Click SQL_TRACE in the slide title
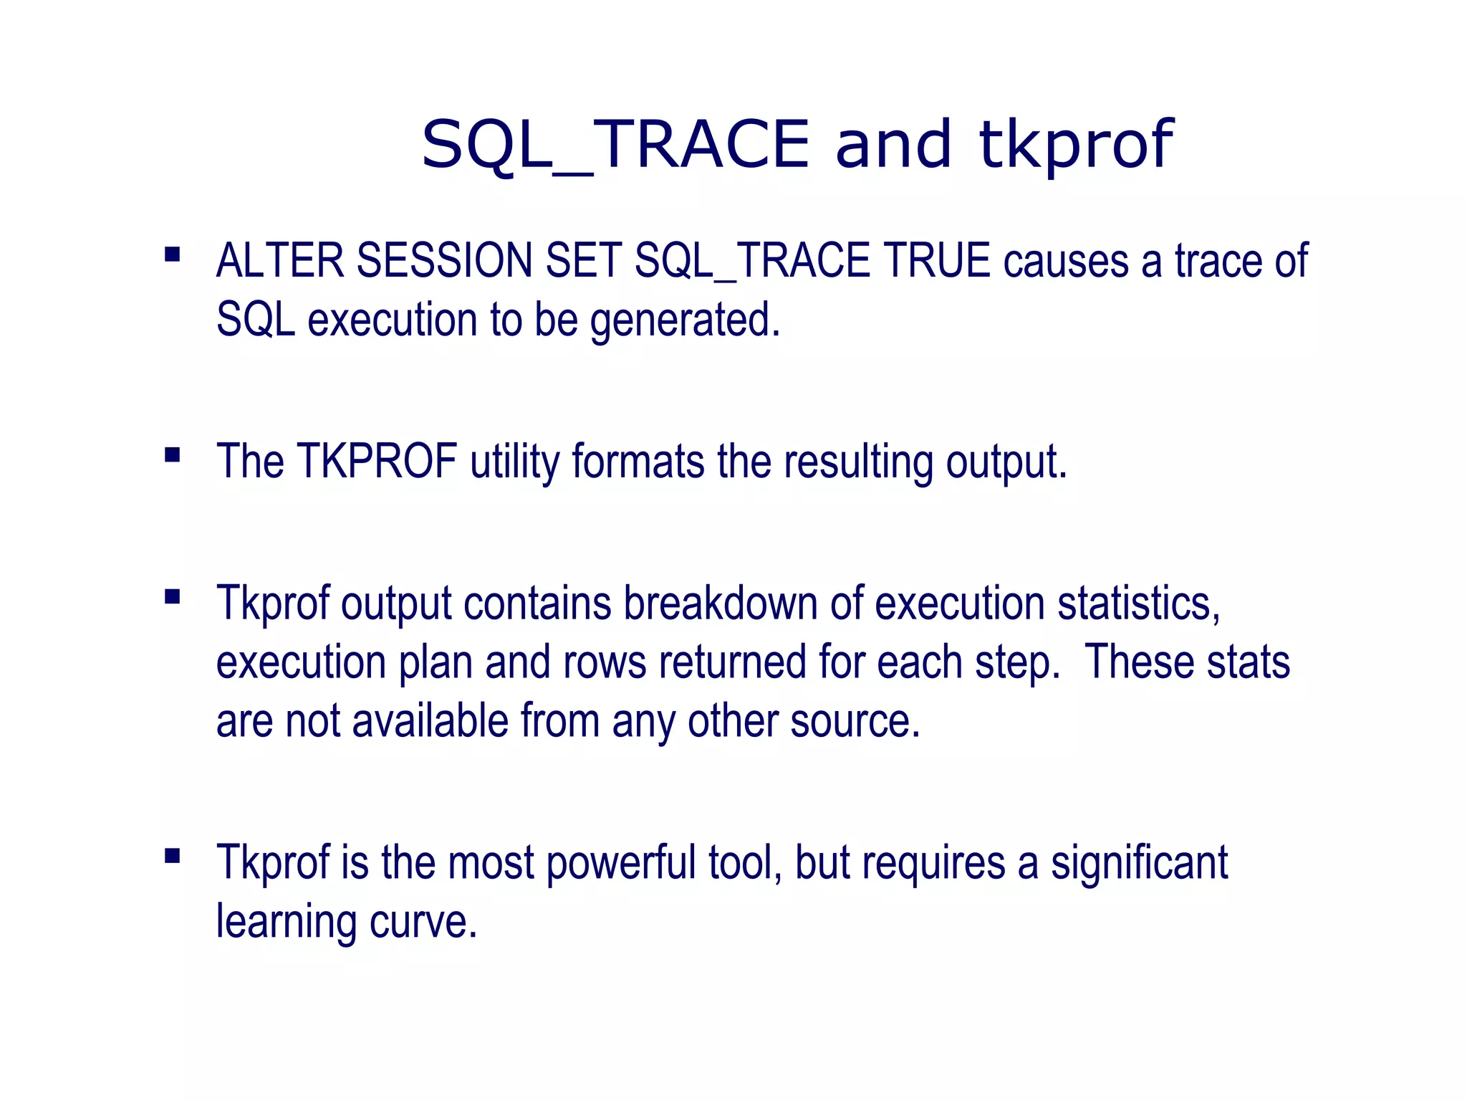click(615, 146)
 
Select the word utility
click(515, 462)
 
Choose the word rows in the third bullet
click(605, 662)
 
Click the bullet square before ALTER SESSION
click(172, 254)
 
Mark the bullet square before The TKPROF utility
click(172, 455)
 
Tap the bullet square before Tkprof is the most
click(172, 856)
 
